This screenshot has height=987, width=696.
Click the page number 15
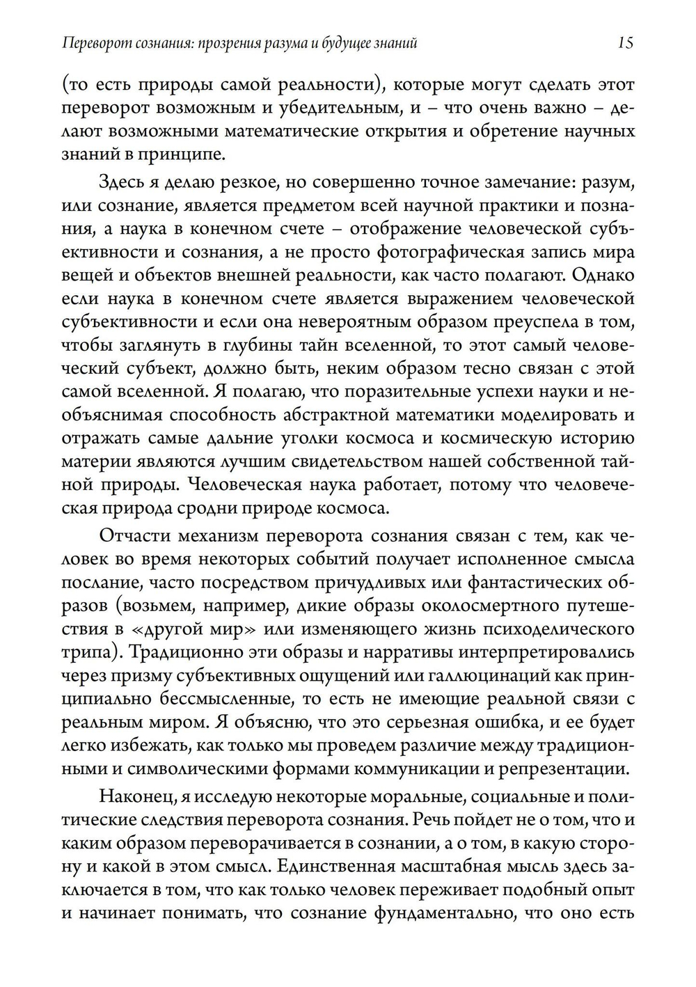tap(625, 43)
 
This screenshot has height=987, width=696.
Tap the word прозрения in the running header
tap(229, 44)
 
